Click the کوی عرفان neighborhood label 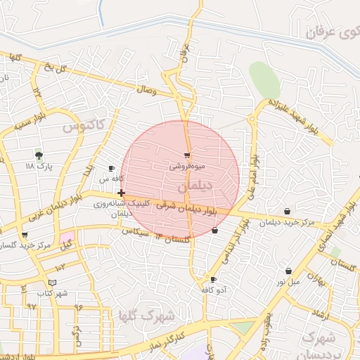[331, 32]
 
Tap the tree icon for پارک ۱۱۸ [39, 155]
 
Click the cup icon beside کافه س [111, 169]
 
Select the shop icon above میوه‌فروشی [187, 155]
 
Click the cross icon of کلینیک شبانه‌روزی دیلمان [122, 193]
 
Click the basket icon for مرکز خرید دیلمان [287, 212]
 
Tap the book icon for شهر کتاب [52, 283]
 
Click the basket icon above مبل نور [288, 271]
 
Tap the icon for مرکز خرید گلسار [25, 235]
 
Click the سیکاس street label [136, 231]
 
